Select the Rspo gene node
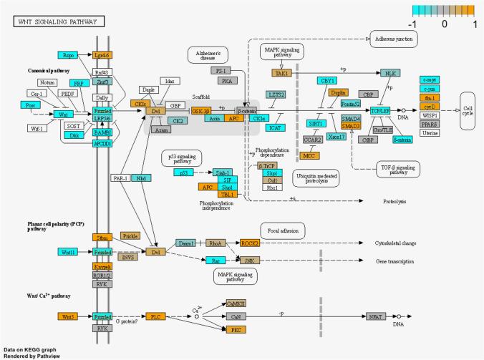tap(68, 54)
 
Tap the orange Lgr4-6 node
tap(103, 54)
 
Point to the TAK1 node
tap(281, 73)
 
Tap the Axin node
tap(213, 120)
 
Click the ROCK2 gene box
tap(251, 243)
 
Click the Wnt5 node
tap(68, 316)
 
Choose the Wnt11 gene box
tap(68, 252)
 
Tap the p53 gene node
tap(183, 172)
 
